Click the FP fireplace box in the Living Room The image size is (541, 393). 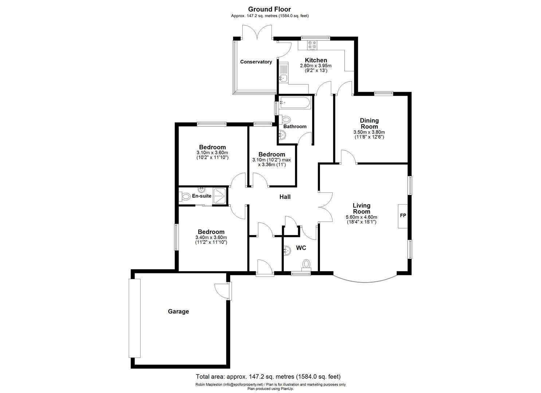(x=403, y=215)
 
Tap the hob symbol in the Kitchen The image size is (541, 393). (x=312, y=45)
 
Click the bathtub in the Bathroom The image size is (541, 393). (x=295, y=103)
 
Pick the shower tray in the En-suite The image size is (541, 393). (x=219, y=195)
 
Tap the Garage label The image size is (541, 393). (x=179, y=311)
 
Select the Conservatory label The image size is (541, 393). (x=256, y=62)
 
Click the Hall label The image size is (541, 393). (x=285, y=197)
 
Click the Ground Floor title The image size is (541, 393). (x=270, y=9)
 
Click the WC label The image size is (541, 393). (x=301, y=248)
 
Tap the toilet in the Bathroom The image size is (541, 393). (x=286, y=119)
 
